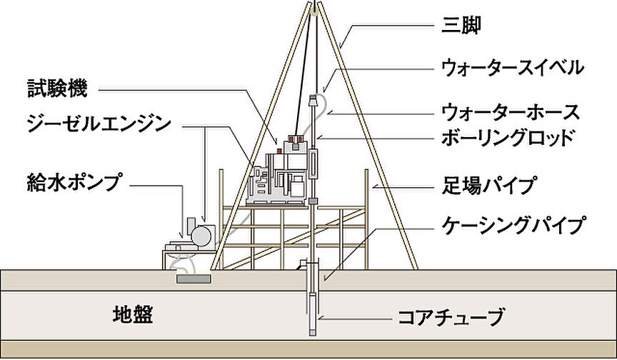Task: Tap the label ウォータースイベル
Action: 512,69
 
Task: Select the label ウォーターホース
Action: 510,113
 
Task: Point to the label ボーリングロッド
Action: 507,136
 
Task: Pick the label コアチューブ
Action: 451,316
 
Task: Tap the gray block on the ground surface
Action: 193,279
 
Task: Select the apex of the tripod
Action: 314,7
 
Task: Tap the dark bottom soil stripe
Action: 308,350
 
